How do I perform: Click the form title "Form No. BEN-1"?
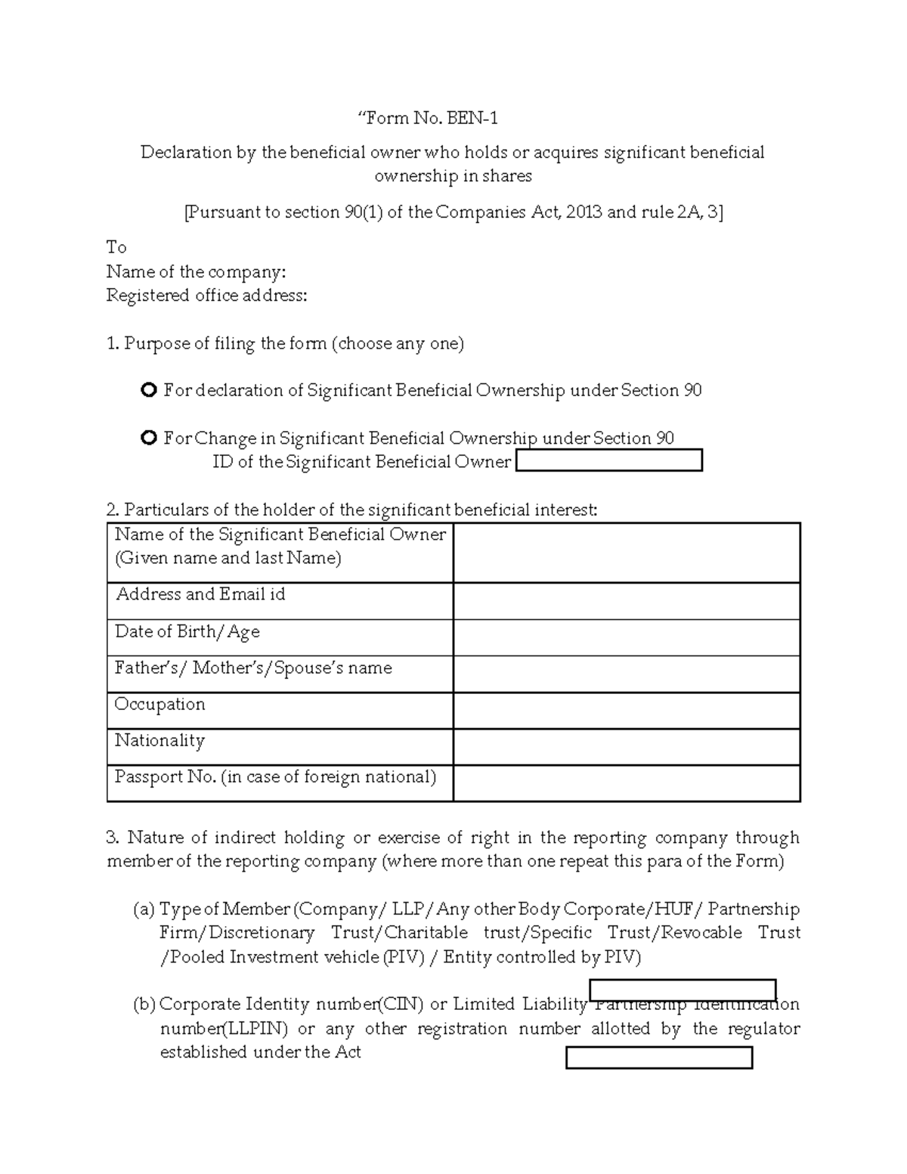[428, 119]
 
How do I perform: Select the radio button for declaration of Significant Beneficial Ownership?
[149, 390]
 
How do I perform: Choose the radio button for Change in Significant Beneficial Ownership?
[149, 438]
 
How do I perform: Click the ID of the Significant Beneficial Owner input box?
[608, 460]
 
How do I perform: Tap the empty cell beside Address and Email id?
[626, 601]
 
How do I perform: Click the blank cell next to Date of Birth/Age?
[626, 637]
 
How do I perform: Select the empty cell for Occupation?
[626, 711]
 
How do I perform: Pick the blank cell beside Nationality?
[626, 747]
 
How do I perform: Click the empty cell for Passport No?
[626, 783]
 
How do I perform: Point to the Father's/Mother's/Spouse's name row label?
[253, 668]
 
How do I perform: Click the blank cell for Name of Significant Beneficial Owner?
[626, 553]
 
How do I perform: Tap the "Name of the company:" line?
[196, 271]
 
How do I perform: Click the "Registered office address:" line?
[206, 296]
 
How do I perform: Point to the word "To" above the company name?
[116, 247]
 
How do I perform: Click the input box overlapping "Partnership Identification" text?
[683, 990]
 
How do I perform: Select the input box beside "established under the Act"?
[659, 1058]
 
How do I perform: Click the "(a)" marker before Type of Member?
[144, 909]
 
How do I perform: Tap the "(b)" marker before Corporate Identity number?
[144, 1005]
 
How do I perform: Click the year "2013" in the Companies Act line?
[584, 212]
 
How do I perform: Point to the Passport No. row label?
[275, 777]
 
